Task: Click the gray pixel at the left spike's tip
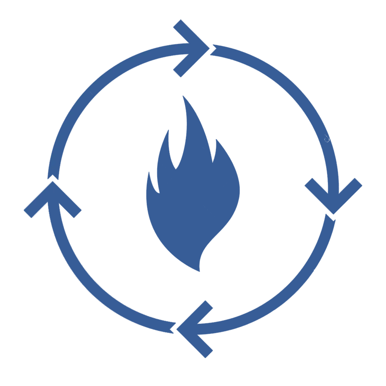(x=23, y=211)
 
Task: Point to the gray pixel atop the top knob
(x=181, y=19)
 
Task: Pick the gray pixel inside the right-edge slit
(x=363, y=185)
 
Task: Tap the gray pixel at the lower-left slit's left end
(x=134, y=309)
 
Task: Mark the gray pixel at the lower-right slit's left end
(x=273, y=313)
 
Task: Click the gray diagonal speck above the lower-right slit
(x=274, y=295)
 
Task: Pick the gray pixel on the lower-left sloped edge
(x=135, y=324)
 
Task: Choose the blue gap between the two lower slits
(x=232, y=311)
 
